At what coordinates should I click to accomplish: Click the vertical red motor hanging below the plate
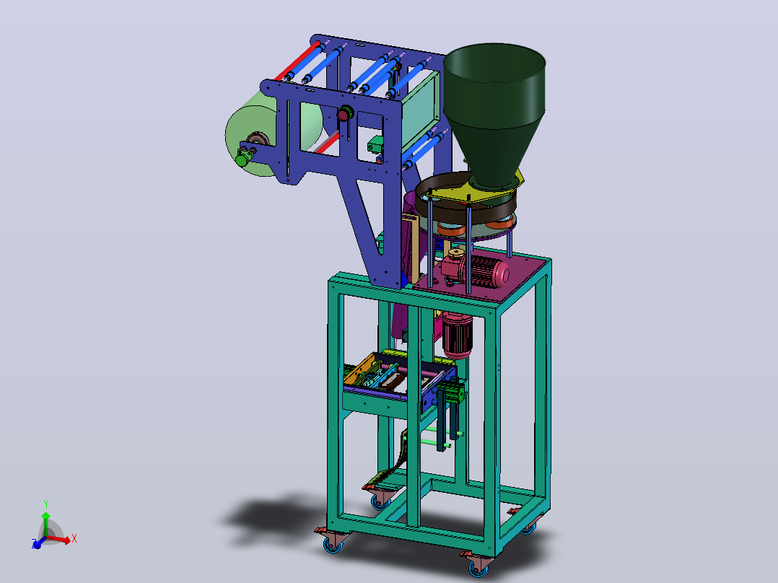point(457,334)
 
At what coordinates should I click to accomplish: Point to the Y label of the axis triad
point(46,504)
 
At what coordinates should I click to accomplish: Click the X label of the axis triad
point(74,538)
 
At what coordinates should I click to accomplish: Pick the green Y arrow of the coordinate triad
point(45,524)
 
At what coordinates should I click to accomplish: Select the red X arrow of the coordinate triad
point(58,539)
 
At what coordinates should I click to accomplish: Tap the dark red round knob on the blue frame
point(344,115)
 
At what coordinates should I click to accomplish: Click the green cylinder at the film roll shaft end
point(242,159)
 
